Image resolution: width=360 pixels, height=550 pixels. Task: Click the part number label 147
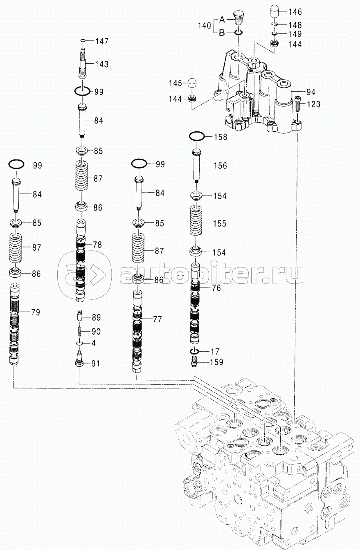[x=102, y=41]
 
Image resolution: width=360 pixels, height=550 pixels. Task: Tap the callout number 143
[x=102, y=64]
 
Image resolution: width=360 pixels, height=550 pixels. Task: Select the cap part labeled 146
[x=275, y=12]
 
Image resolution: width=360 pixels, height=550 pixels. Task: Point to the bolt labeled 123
[x=297, y=103]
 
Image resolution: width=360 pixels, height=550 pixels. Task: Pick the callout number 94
[x=310, y=92]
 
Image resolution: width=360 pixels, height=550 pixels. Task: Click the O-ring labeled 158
[x=196, y=136]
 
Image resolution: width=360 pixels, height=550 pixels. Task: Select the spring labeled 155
[x=196, y=223]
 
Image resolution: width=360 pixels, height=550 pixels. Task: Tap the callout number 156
[x=220, y=166]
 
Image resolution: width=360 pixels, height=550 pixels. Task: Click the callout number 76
[x=216, y=288]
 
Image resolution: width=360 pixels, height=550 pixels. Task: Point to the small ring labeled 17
[x=194, y=351]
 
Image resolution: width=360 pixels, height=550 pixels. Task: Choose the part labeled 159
[x=194, y=362]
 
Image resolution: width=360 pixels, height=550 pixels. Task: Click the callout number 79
[x=35, y=312]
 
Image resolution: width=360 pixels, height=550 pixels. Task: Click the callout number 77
[x=157, y=319]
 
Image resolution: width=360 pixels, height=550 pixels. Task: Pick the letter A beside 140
[x=222, y=19]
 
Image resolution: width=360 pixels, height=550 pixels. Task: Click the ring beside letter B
[x=238, y=32]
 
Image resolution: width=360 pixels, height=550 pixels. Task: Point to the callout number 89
[x=96, y=317]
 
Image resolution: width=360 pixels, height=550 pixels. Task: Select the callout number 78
[x=97, y=245]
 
